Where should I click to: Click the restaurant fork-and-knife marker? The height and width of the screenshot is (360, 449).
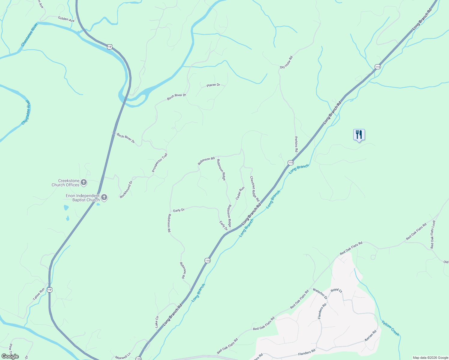tap(359, 134)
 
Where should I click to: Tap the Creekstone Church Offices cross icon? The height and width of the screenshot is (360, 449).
tap(84, 182)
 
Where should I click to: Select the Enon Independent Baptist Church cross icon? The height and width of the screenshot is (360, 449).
tap(104, 197)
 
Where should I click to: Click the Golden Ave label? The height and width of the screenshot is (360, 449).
tap(66, 19)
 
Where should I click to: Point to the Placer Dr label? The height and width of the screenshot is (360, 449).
tap(213, 85)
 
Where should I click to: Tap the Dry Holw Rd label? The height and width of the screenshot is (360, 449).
tap(286, 62)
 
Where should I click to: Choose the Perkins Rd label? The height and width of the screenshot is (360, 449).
tap(296, 144)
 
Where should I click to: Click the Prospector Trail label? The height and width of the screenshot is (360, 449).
tap(159, 163)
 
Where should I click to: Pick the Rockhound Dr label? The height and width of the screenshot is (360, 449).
tap(126, 190)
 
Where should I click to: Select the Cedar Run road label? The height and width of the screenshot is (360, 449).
tap(240, 193)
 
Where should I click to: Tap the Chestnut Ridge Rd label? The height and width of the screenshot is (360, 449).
tap(255, 189)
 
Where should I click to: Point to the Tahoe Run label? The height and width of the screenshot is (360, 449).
tap(39, 294)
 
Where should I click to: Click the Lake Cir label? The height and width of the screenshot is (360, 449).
tap(157, 322)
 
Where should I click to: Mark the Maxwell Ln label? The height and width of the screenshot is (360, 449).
tap(123, 356)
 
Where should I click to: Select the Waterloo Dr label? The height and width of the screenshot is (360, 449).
tap(320, 293)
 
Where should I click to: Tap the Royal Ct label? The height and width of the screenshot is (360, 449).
tap(336, 290)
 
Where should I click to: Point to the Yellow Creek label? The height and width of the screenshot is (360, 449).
tap(390, 328)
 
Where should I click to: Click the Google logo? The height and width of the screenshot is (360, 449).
tap(10, 356)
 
